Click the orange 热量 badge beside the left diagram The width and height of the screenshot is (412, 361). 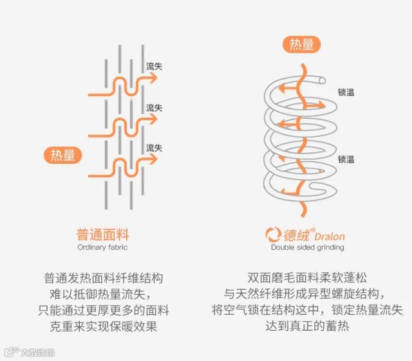click(64, 155)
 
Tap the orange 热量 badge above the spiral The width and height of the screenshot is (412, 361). click(301, 44)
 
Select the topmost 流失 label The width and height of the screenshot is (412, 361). click(154, 66)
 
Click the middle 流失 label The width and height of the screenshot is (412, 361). click(154, 107)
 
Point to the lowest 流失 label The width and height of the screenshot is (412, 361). click(154, 148)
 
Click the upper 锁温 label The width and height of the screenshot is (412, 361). click(346, 92)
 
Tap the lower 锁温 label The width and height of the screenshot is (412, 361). click(346, 159)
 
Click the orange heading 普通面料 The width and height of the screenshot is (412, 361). click(103, 234)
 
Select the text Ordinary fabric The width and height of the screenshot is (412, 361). click(103, 247)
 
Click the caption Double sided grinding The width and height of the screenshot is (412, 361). click(307, 247)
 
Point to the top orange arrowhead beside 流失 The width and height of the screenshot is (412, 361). click(152, 78)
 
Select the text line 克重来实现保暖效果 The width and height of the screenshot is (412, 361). click(103, 326)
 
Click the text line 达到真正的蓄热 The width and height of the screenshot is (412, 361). click(307, 326)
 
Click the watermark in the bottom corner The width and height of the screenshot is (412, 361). click(29, 352)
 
